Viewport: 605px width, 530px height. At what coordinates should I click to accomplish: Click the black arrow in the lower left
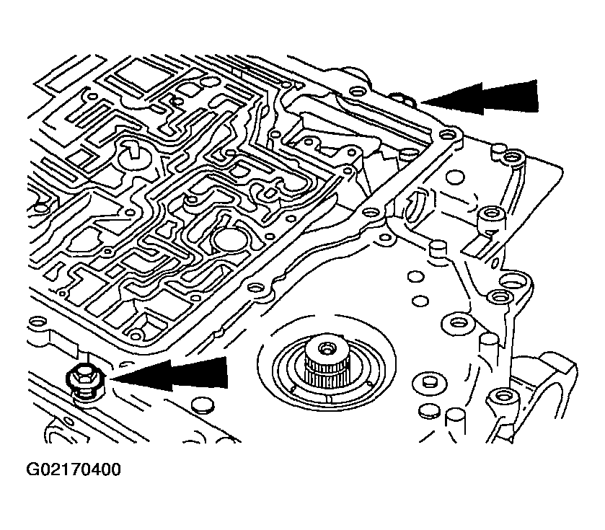[173, 374]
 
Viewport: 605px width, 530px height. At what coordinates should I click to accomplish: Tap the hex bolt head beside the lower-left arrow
[84, 377]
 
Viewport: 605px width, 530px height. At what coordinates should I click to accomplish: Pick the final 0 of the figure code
[115, 470]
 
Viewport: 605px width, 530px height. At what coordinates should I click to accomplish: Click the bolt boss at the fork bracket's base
[502, 396]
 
